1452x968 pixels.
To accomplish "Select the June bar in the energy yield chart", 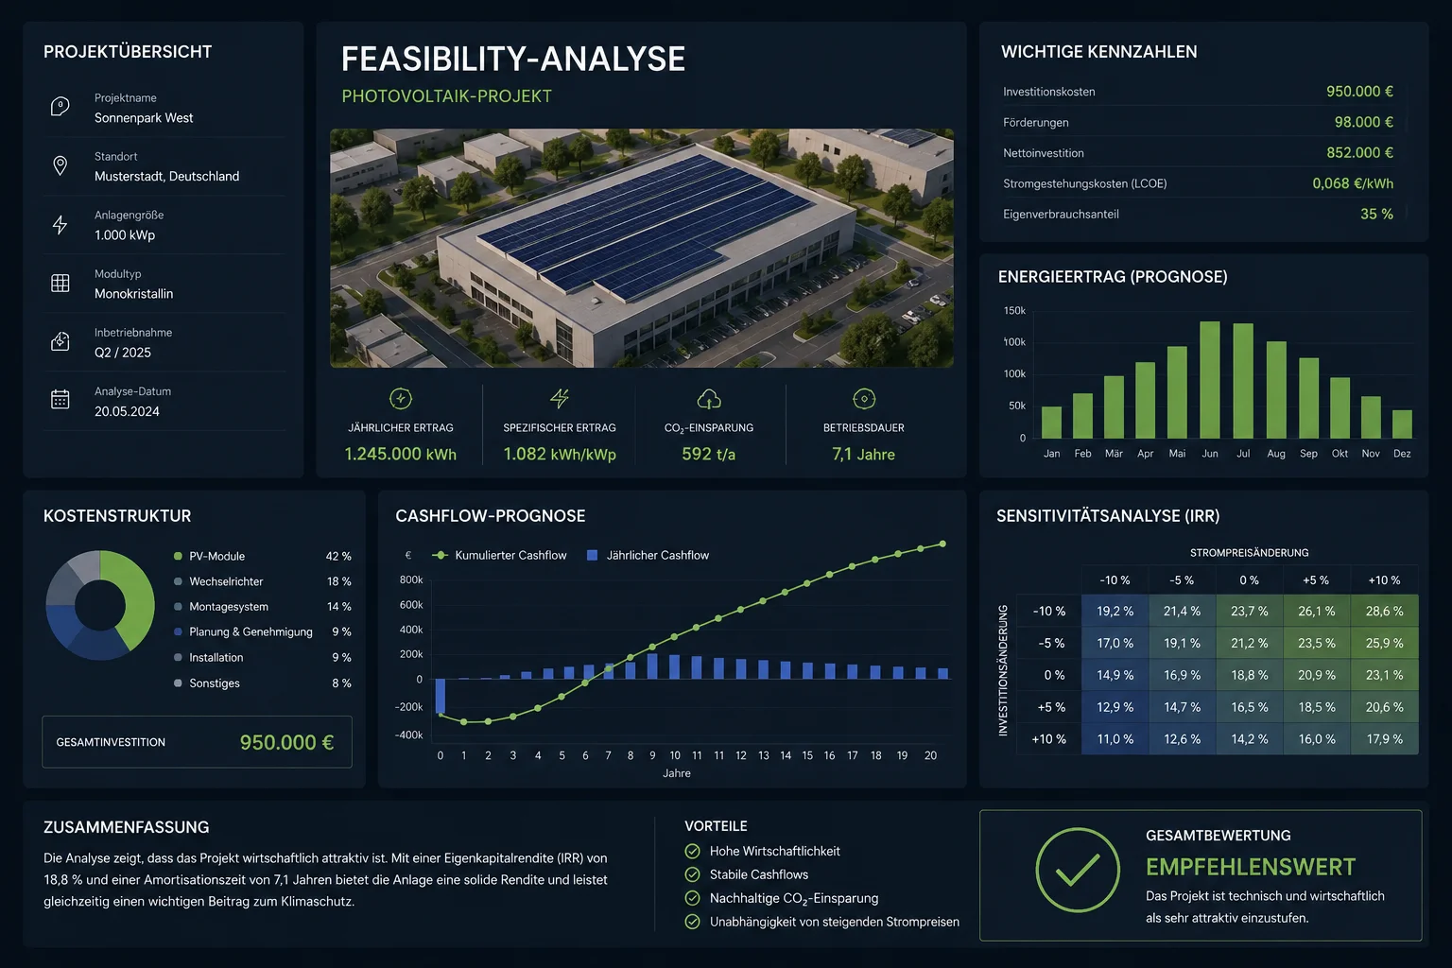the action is (x=1210, y=380).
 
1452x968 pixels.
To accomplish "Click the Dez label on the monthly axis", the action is (x=1402, y=453).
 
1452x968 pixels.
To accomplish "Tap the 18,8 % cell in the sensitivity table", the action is (x=1249, y=675).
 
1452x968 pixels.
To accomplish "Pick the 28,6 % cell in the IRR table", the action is (x=1384, y=611).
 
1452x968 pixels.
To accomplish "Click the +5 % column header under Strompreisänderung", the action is (x=1316, y=579).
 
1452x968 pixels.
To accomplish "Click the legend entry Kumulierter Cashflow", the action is (x=499, y=555).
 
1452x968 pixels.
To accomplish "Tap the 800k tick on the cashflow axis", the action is (x=411, y=579).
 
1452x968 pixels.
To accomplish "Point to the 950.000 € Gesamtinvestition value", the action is (x=286, y=742).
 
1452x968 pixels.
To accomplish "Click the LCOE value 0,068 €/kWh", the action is (x=1353, y=183).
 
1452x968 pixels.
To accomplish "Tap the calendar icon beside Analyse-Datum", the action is (x=60, y=399).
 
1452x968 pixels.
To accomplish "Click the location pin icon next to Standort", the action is (x=60, y=166).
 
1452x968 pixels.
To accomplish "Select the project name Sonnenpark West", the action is (x=144, y=118).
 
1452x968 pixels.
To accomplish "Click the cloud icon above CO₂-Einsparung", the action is (x=708, y=399).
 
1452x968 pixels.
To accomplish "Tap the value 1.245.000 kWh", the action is (x=401, y=454).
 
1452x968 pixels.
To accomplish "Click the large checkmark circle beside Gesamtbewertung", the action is (x=1078, y=870).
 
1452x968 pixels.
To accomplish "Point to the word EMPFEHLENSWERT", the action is (x=1251, y=867).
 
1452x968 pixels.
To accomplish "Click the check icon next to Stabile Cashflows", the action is (x=692, y=874).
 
